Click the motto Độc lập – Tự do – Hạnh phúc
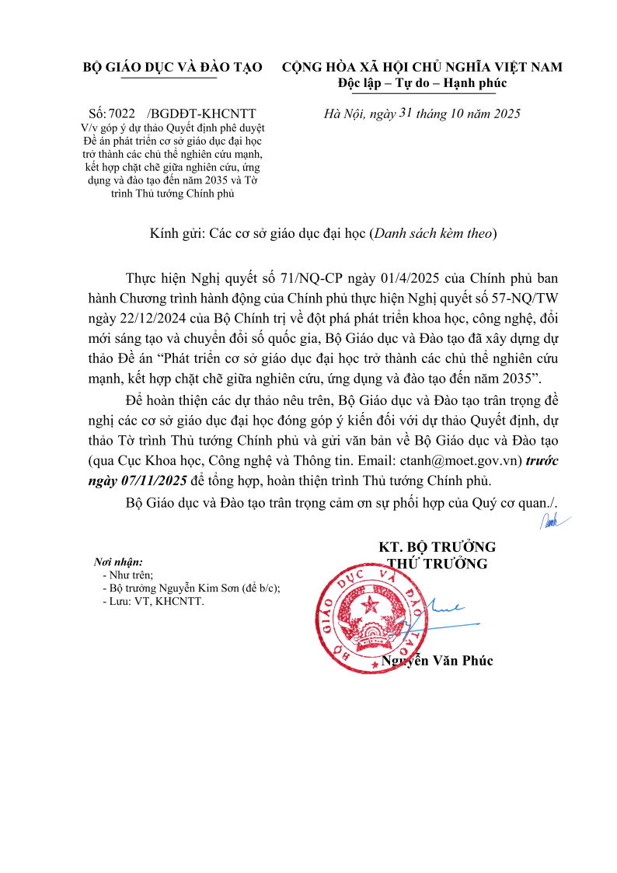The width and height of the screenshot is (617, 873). pyautogui.click(x=422, y=83)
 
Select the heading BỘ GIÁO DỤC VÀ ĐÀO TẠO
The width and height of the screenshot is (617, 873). pyautogui.click(x=173, y=68)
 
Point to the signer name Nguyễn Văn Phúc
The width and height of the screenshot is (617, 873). pyautogui.click(x=437, y=661)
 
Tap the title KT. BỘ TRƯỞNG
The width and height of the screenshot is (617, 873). pyautogui.click(x=437, y=547)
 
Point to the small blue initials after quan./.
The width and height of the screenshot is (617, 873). pyautogui.click(x=553, y=522)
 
